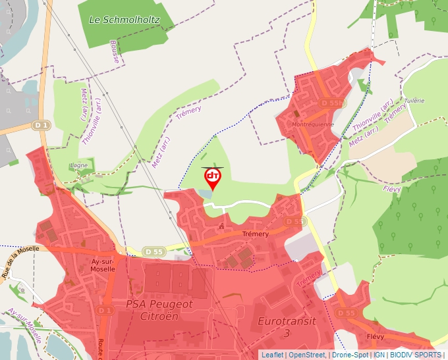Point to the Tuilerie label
(414, 101)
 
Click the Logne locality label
(78, 165)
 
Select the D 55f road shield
(332, 103)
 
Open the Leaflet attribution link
(272, 355)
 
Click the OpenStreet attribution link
(307, 355)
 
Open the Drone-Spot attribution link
(349, 355)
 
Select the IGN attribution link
(379, 355)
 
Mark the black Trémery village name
(256, 234)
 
